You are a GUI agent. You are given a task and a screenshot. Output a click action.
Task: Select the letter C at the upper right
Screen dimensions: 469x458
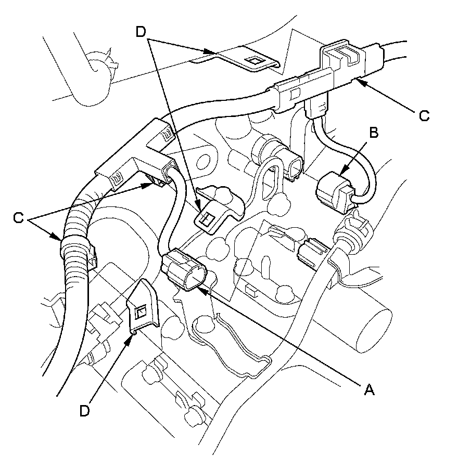[x=424, y=115]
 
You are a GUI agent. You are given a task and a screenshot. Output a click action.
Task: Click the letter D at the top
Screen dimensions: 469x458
[x=140, y=32]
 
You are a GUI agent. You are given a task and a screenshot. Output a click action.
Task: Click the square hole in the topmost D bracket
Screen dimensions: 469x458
[x=255, y=61]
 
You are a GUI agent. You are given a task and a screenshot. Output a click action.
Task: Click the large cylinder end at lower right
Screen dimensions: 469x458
[x=374, y=328]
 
